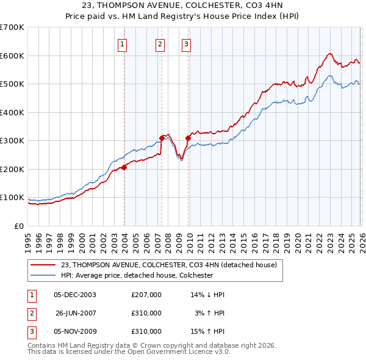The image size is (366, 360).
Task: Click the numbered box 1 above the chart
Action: (123, 43)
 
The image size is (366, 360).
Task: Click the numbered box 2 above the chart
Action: (160, 43)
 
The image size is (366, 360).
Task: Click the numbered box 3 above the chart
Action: (185, 43)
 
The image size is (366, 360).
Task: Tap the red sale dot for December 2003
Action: (124, 167)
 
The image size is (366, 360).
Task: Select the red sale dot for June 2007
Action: (162, 138)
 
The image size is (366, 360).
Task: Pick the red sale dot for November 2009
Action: (187, 138)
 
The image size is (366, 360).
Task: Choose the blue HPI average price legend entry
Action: (137, 275)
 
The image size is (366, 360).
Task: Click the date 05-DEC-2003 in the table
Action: (75, 295)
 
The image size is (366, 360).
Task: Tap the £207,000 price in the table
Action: (146, 295)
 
